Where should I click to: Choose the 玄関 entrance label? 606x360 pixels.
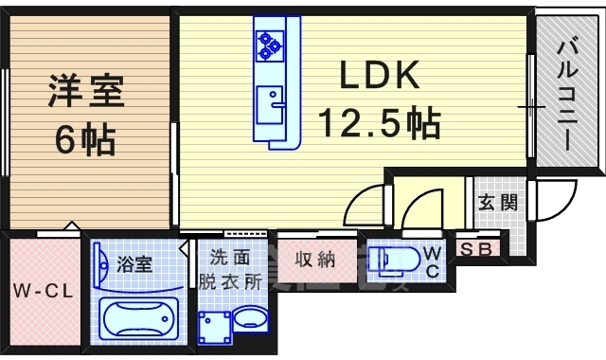coord(497,202)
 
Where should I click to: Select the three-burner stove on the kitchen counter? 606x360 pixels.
coord(269,42)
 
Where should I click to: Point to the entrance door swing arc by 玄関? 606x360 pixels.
coord(553,204)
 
